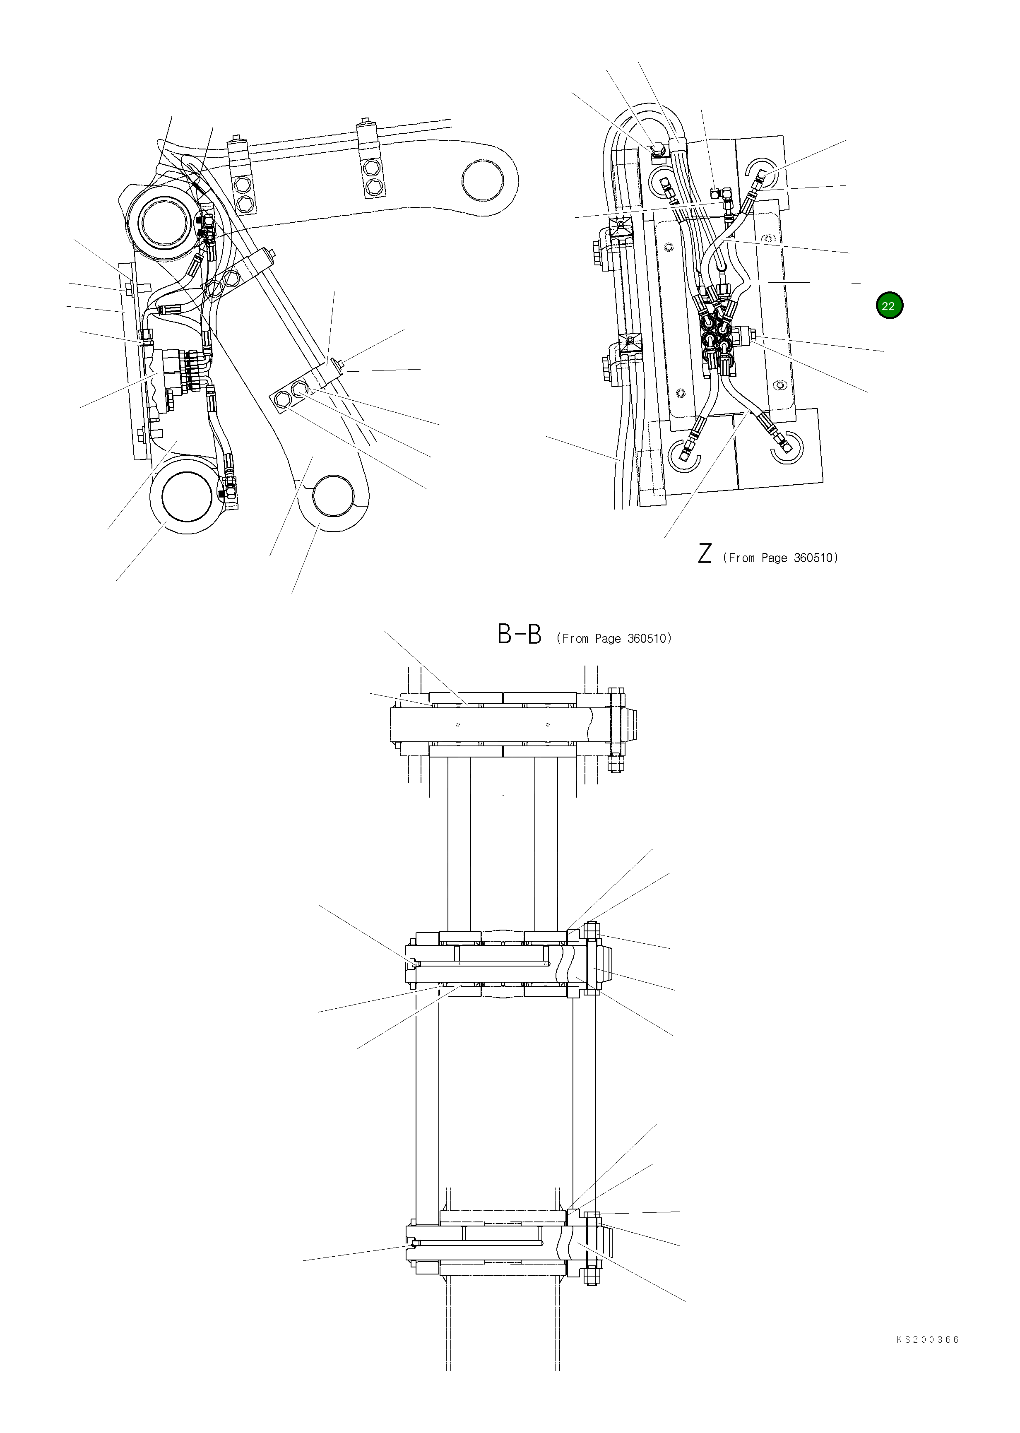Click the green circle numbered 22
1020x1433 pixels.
click(888, 306)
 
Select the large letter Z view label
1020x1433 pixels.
click(704, 553)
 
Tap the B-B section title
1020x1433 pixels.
click(519, 635)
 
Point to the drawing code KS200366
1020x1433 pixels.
click(928, 1357)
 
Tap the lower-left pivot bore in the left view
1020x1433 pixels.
click(187, 496)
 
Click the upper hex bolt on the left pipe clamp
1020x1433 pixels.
click(244, 186)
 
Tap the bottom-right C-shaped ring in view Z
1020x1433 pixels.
click(787, 447)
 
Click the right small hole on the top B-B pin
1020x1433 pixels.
click(548, 725)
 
